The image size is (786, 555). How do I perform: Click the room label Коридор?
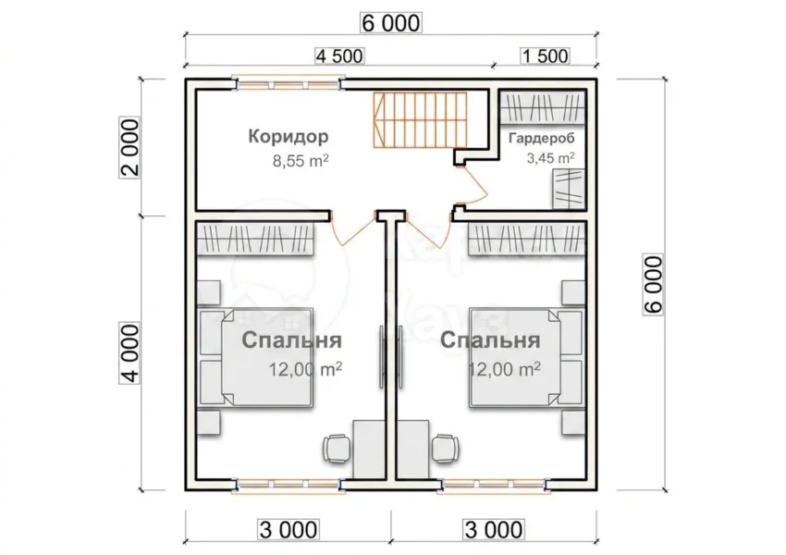click(x=289, y=136)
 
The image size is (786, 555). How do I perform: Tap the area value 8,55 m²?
click(x=301, y=161)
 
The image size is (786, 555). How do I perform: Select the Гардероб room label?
click(x=541, y=139)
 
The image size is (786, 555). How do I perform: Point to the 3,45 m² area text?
click(x=550, y=158)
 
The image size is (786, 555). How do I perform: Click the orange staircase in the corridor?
click(x=420, y=120)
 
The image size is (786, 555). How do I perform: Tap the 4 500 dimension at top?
click(x=339, y=55)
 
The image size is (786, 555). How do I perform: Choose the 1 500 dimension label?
click(x=546, y=55)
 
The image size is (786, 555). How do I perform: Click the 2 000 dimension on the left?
click(x=129, y=147)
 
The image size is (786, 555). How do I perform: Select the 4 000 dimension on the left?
click(x=129, y=353)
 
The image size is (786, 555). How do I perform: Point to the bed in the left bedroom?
click(x=257, y=357)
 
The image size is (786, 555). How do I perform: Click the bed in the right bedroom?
click(x=526, y=357)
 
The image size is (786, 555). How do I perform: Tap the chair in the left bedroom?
click(x=337, y=447)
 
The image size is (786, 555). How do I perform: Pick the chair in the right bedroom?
click(x=445, y=447)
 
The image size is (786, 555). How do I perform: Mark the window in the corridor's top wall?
click(x=289, y=83)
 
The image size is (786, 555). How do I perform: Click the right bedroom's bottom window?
click(x=495, y=485)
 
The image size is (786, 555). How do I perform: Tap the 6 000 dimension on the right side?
click(x=653, y=285)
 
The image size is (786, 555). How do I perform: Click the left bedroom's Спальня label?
click(x=291, y=340)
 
